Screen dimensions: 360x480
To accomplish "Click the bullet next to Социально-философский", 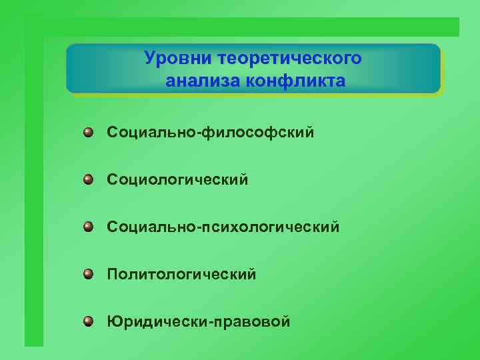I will click(x=88, y=133).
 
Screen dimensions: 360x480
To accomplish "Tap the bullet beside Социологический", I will click(x=88, y=179).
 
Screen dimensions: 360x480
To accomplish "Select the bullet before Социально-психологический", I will click(x=88, y=227).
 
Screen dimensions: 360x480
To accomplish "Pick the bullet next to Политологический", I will click(x=88, y=274).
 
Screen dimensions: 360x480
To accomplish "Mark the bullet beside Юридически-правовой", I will click(x=88, y=322).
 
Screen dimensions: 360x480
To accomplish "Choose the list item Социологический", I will click(x=177, y=180).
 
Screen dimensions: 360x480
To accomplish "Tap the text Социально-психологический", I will click(x=223, y=228).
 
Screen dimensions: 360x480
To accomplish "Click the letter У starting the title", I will click(x=151, y=58).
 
